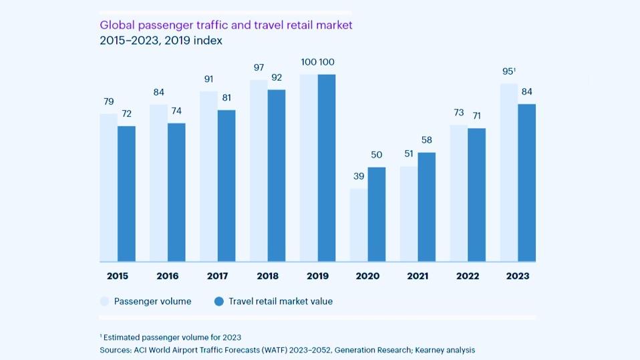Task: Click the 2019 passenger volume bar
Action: pos(309,168)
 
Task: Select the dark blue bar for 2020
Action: pos(377,214)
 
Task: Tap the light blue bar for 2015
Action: pos(108,187)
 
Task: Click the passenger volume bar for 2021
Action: pos(408,214)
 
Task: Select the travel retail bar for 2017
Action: pos(226,185)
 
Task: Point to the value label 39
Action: pos(359,176)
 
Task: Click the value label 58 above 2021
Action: pos(427,140)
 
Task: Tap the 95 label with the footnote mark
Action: pos(509,71)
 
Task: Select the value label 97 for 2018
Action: pos(259,67)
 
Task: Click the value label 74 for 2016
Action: pos(176,111)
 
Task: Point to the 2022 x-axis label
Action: pos(468,276)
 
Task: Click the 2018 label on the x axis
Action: pos(267,276)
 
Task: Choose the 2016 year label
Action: pos(167,276)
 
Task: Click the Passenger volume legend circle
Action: pos(105,302)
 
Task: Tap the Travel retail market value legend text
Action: pos(281,301)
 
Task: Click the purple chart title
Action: pos(226,25)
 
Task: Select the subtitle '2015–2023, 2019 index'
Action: pos(161,41)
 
